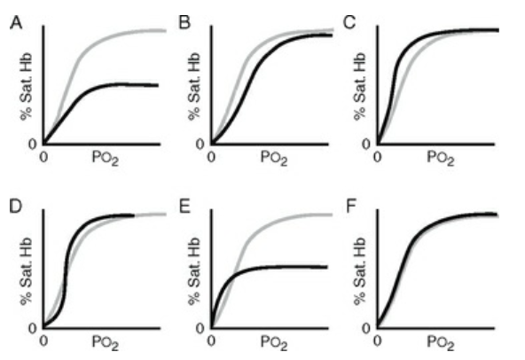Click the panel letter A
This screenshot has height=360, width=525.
[16, 23]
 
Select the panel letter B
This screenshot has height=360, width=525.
[184, 23]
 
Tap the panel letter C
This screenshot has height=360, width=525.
[349, 23]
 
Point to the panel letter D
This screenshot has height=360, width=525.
[15, 207]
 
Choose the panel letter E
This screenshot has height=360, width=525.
[184, 207]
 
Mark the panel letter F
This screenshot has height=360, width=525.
[350, 207]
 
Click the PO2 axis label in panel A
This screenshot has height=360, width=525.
[106, 158]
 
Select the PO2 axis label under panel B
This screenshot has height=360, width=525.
[274, 158]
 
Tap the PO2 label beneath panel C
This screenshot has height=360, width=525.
[440, 158]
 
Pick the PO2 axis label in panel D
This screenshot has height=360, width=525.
[106, 342]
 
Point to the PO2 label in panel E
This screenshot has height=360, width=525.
[274, 342]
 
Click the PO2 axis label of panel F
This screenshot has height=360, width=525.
[440, 342]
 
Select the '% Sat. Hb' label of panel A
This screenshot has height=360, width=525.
[26, 86]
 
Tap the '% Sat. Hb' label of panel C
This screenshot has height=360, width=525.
[360, 86]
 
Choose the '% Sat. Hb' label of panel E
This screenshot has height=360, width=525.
[194, 271]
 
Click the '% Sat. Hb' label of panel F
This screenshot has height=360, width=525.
[360, 271]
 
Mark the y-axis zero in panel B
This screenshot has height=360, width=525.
[200, 145]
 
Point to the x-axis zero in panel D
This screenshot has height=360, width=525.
[43, 340]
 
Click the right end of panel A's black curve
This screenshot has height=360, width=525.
[158, 85]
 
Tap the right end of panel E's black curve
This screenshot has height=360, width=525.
[326, 267]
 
